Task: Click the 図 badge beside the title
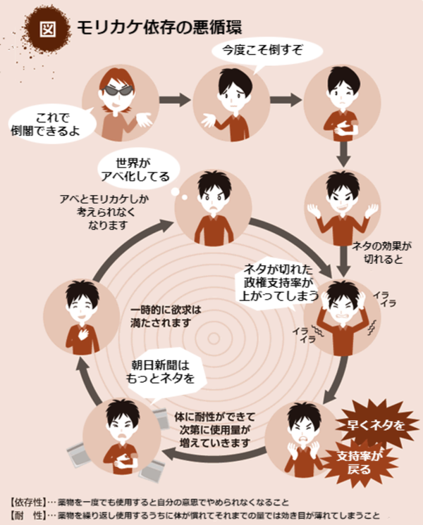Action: pos(48,29)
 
